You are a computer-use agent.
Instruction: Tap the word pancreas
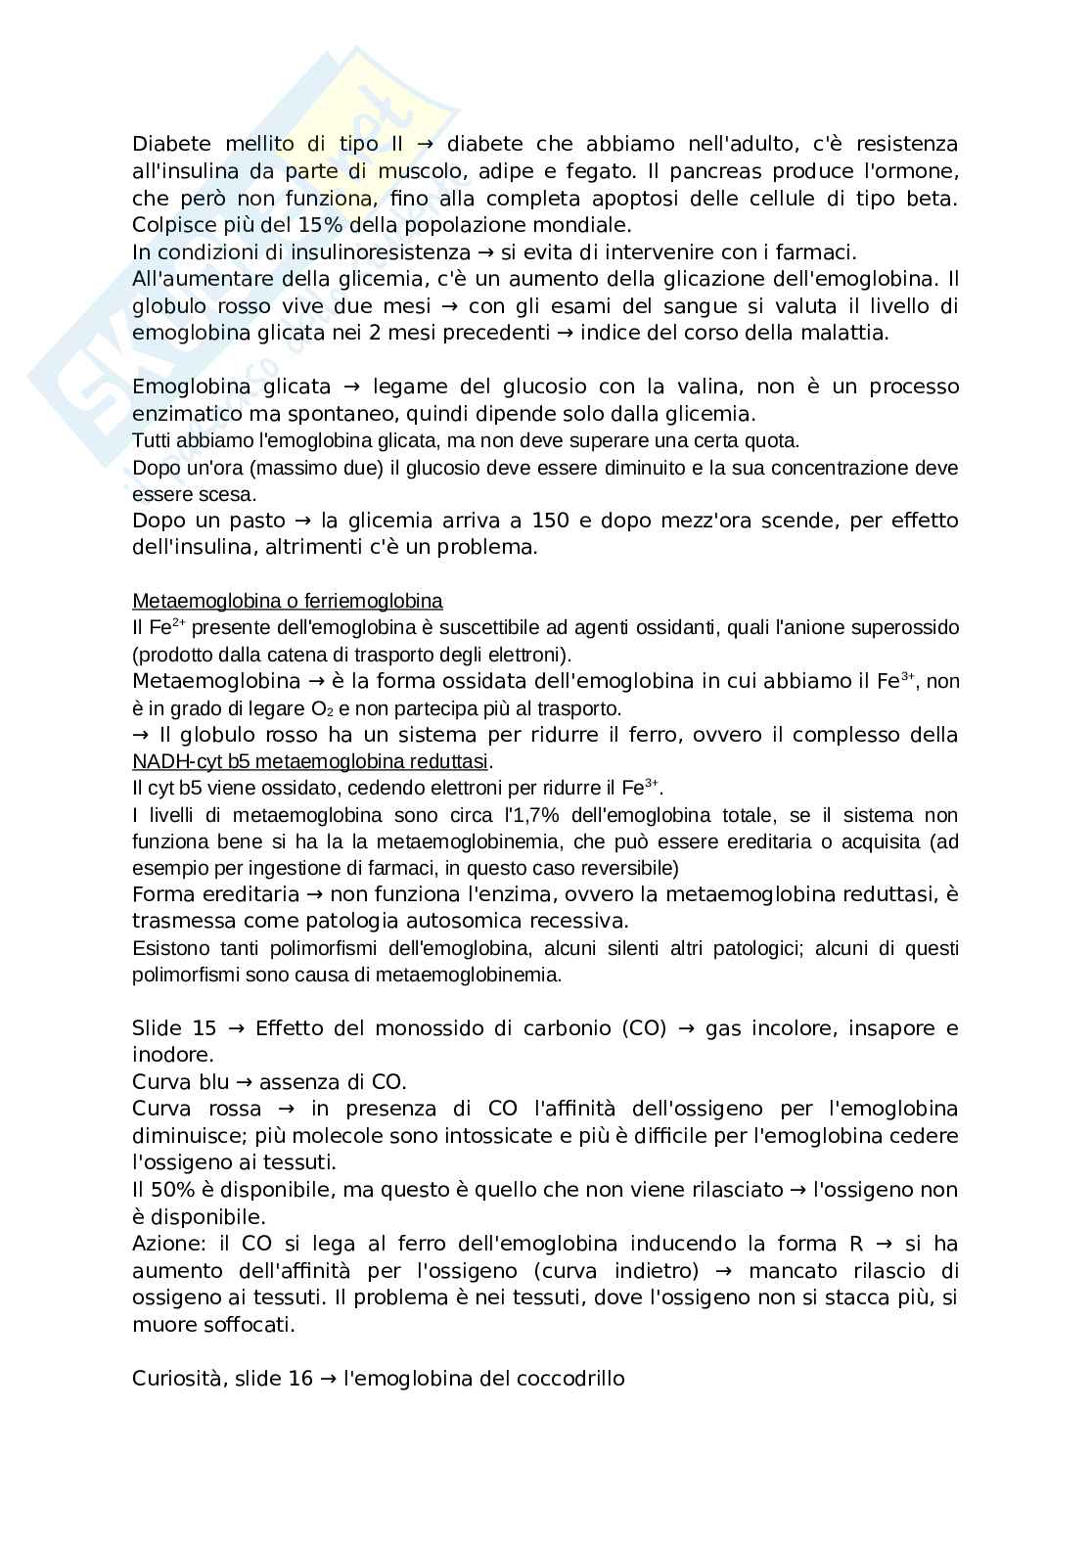point(717,171)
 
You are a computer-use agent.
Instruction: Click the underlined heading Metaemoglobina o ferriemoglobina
point(287,601)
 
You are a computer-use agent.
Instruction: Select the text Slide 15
point(173,1028)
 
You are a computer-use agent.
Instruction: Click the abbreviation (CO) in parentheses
point(644,1028)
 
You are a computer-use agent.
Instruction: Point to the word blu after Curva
point(212,1082)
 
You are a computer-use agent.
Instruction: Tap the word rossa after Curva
point(235,1109)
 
